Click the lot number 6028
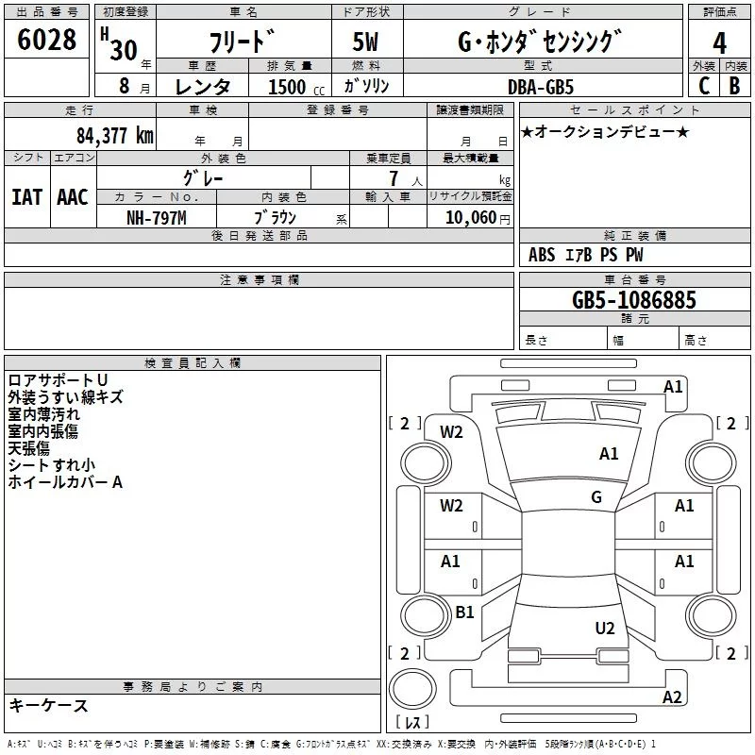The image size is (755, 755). pos(46,40)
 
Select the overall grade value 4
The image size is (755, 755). pos(719,43)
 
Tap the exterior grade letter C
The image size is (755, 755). pos(704,86)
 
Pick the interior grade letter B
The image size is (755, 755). pos(734,86)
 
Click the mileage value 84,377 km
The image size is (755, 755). pos(115,136)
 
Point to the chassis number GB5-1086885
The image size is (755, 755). pos(633,300)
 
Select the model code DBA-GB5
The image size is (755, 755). pos(541,87)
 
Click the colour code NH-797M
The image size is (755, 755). pos(157,218)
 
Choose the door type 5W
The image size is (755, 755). pos(365,42)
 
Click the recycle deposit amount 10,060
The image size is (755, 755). pos(471,218)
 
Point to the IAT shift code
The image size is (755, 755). pos(27,197)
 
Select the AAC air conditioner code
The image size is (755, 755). pos(73,197)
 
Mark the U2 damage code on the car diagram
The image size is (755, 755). pos(605,629)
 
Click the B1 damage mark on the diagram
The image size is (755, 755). pos(464,612)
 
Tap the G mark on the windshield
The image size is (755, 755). pos(596,497)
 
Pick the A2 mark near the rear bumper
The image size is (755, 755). pos(672,697)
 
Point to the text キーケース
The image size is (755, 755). pos(48,706)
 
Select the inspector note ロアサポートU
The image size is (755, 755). pos(58,380)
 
